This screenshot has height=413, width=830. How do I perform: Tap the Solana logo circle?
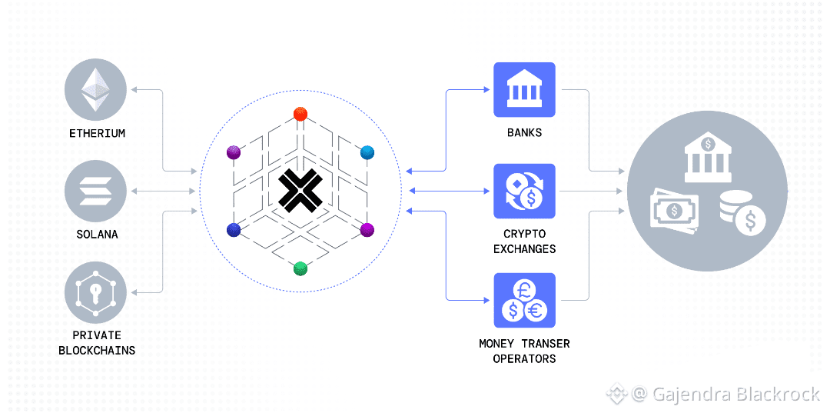(97, 191)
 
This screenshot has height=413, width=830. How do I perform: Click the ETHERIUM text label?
(97, 133)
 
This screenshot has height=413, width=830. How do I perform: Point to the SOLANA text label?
(97, 234)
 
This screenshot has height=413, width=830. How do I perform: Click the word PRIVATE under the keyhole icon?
(97, 335)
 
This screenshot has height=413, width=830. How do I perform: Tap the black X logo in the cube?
(300, 191)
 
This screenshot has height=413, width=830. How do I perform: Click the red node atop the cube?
(300, 115)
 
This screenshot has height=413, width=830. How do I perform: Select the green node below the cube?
(300, 268)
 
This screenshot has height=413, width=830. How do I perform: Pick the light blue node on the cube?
(367, 152)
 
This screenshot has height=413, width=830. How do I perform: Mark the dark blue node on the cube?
(234, 229)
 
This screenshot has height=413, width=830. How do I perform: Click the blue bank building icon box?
(524, 90)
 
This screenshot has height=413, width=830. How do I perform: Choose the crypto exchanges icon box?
(524, 191)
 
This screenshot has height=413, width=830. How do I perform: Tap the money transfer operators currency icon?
(524, 301)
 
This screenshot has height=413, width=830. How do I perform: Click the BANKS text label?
(524, 132)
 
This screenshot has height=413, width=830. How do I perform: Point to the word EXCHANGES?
(525, 248)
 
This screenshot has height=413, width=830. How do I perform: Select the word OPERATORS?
(524, 358)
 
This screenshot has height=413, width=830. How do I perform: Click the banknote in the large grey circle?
(676, 208)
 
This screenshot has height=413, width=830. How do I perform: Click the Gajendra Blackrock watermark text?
(735, 395)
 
